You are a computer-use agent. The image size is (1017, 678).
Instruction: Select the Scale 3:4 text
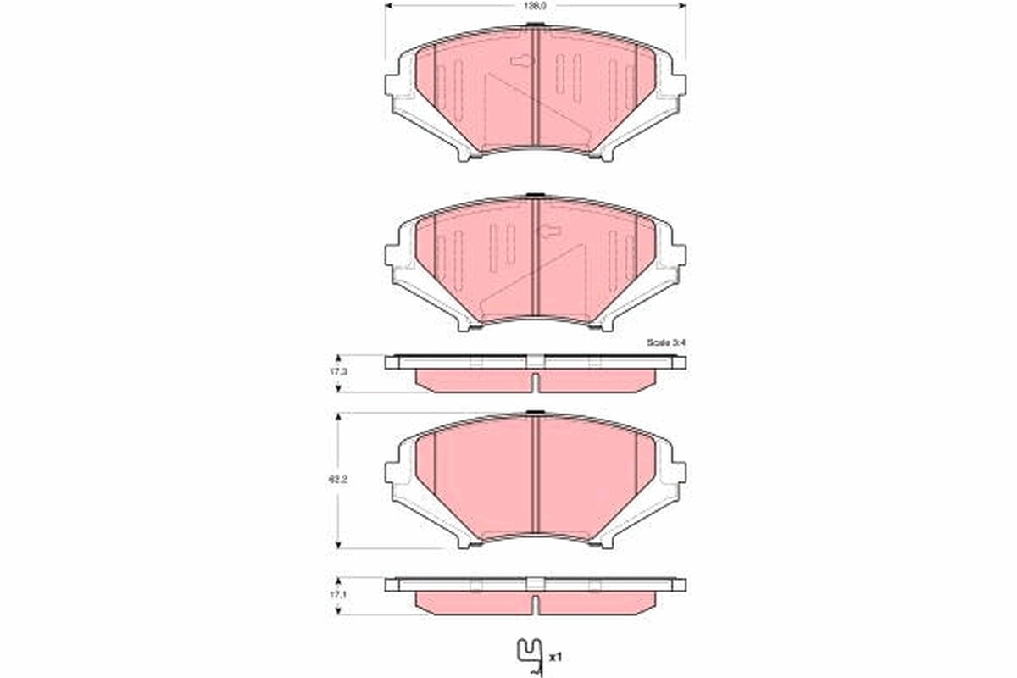[665, 342]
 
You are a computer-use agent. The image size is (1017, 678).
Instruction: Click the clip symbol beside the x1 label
[531, 654]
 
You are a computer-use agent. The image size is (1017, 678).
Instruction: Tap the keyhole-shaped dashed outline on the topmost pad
[521, 60]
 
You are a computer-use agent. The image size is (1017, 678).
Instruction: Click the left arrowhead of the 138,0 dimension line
[389, 5]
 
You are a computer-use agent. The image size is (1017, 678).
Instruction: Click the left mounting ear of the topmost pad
[394, 85]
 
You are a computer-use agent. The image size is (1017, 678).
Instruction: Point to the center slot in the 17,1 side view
[535, 603]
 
